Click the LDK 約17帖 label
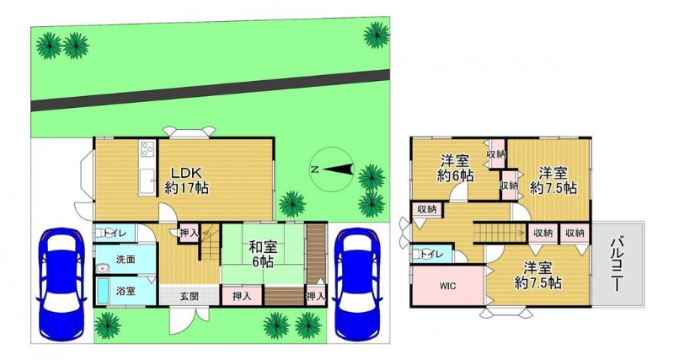(187, 180)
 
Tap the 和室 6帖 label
(263, 255)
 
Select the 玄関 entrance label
(189, 296)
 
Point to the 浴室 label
(126, 291)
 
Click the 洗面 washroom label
(126, 260)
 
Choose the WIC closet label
(447, 286)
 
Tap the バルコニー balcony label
(617, 264)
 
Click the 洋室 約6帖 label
(456, 168)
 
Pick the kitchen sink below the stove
(147, 181)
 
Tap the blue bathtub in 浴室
(103, 291)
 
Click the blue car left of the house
(62, 283)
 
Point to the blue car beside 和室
(356, 283)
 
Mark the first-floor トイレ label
(115, 234)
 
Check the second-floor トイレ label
(431, 255)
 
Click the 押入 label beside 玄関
(242, 296)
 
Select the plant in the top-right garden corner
(377, 35)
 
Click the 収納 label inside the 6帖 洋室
(495, 154)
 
